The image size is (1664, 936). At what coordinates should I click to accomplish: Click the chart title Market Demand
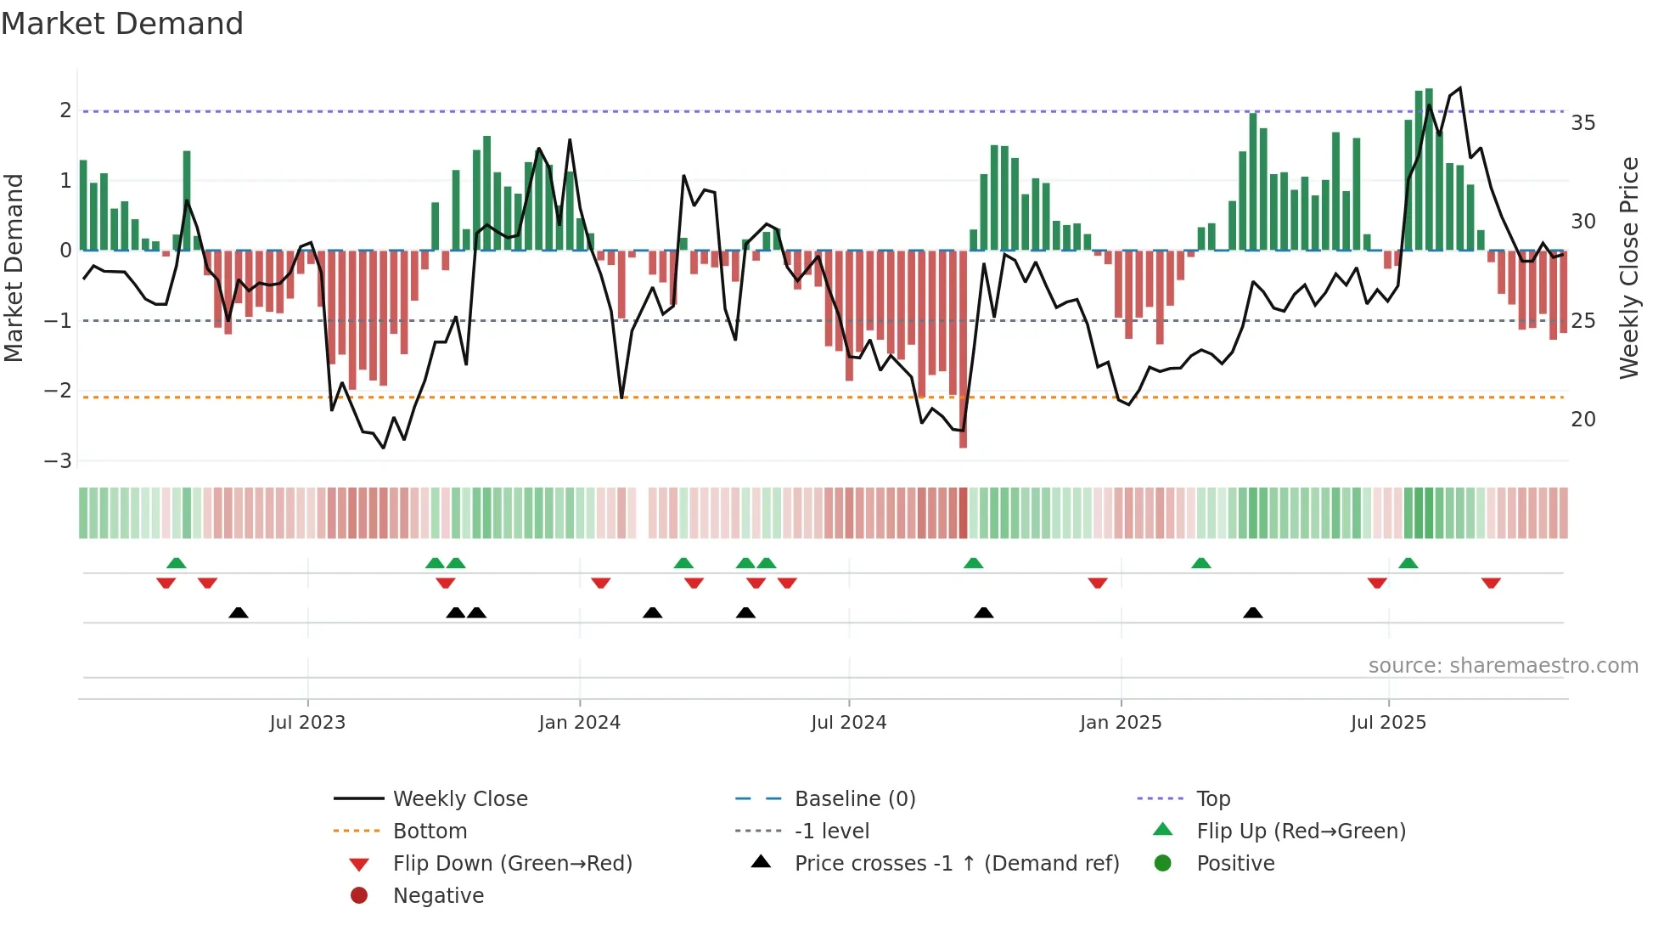pos(122,24)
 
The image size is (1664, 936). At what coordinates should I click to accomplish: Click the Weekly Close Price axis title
pos(1628,268)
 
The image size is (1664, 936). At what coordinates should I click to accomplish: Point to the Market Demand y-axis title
pos(14,268)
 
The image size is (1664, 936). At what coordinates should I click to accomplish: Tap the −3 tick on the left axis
pos(59,461)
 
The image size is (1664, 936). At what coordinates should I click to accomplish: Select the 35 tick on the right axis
pos(1582,123)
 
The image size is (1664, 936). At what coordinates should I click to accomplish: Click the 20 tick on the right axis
pos(1582,420)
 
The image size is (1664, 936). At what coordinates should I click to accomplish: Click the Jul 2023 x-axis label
pos(307,723)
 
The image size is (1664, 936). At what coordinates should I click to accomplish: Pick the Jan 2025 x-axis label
pos(1120,723)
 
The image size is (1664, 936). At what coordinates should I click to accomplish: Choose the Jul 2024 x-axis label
pos(848,723)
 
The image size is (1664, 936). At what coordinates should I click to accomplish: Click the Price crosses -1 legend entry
pos(956,864)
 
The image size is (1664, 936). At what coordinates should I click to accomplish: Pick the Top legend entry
pos(1212,799)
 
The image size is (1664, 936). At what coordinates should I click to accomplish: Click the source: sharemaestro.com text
pos(1503,666)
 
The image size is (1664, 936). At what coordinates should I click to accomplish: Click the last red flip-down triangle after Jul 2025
pos(1491,583)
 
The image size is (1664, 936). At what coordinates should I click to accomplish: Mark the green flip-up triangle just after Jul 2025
pos(1408,563)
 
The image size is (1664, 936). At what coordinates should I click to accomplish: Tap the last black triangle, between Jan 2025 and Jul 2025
pos(1252,612)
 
